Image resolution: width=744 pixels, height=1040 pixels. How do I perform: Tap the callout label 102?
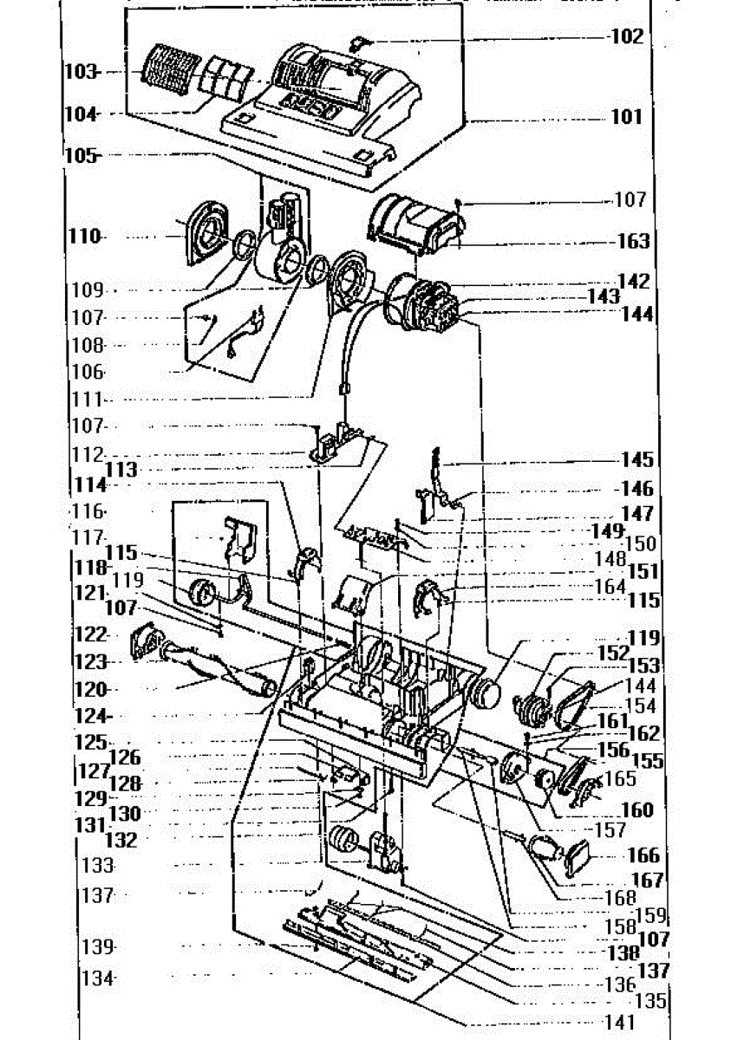click(x=627, y=37)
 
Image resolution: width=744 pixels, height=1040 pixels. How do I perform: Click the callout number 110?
click(x=86, y=236)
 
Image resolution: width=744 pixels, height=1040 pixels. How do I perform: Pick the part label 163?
click(x=633, y=242)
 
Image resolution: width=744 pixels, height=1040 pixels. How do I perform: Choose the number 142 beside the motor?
click(x=634, y=282)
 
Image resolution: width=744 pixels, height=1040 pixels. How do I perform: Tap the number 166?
click(x=643, y=856)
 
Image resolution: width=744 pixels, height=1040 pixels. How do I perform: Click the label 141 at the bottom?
click(x=619, y=1024)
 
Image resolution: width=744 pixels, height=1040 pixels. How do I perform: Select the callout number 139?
click(x=99, y=946)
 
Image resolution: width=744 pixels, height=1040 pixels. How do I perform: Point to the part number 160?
click(x=637, y=810)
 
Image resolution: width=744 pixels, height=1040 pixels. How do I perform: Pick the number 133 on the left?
click(x=98, y=865)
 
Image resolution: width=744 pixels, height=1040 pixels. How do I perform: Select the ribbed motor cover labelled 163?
click(x=415, y=222)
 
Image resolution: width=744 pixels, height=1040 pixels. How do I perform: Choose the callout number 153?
click(x=643, y=666)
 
